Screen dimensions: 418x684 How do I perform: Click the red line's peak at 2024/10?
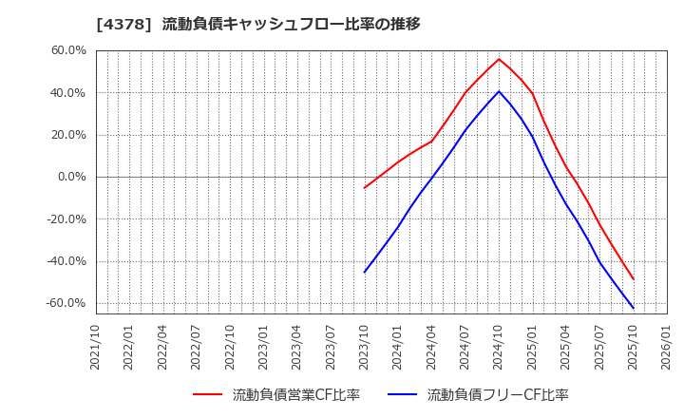pos(499,59)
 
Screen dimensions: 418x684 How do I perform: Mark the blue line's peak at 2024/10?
pos(499,91)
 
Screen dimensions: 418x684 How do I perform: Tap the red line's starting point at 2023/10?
pos(365,187)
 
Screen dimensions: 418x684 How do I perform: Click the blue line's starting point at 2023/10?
pos(365,272)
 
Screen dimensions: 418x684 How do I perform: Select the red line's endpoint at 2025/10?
pos(633,279)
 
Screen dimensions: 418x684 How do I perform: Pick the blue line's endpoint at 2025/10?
pos(633,308)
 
